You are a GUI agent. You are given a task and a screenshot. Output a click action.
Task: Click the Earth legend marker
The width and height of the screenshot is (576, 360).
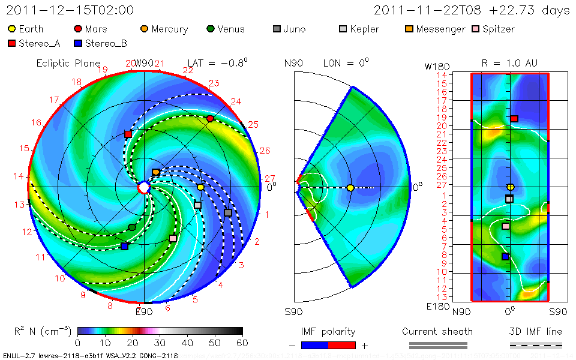(11, 29)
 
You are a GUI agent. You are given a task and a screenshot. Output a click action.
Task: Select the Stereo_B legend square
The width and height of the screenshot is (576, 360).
(78, 43)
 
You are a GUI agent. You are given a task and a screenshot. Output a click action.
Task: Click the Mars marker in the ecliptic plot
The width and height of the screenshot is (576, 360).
(210, 119)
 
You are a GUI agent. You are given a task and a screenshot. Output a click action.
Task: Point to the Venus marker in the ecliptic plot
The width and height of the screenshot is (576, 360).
(132, 227)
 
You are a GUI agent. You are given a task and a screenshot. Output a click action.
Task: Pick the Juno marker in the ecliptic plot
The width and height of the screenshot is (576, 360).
(228, 213)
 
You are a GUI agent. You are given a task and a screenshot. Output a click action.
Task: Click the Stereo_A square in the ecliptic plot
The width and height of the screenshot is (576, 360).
(128, 134)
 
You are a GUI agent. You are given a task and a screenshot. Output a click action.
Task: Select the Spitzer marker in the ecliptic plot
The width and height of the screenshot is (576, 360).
(173, 238)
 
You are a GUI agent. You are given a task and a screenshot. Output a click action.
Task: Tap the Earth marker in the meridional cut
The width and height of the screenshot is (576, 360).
(350, 188)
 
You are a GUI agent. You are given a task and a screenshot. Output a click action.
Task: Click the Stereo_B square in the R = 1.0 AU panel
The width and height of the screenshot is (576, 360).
(505, 256)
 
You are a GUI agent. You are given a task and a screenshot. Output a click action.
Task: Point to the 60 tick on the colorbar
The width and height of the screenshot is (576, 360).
(242, 343)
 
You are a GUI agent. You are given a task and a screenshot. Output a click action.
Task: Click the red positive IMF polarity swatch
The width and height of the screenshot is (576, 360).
(343, 345)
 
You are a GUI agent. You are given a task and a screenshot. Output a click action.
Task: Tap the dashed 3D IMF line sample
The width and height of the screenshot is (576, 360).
(536, 345)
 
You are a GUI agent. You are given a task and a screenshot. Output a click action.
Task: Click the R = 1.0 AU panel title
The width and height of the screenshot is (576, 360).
(509, 63)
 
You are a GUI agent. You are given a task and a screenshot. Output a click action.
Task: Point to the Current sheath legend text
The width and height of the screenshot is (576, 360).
(437, 331)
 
